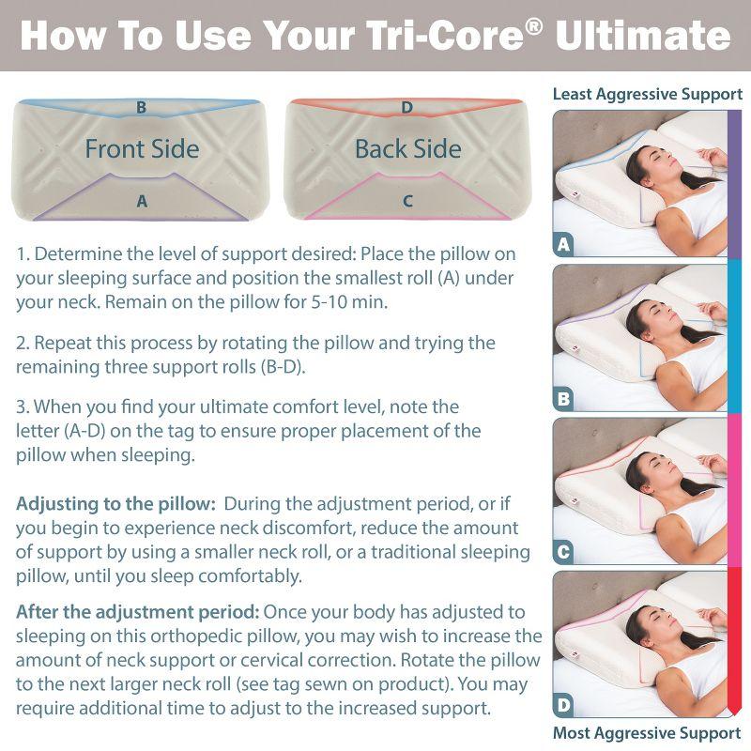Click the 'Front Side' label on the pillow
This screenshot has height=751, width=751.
pyautogui.click(x=142, y=148)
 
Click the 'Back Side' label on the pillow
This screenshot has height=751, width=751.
pyautogui.click(x=407, y=148)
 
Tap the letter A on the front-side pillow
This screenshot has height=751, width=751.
pyautogui.click(x=142, y=200)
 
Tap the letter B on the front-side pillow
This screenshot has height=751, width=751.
pyautogui.click(x=141, y=107)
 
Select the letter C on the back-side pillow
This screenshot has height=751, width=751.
pyautogui.click(x=407, y=200)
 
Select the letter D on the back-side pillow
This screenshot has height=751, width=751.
pyautogui.click(x=406, y=107)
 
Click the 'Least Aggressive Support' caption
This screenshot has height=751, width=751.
pyautogui.click(x=647, y=94)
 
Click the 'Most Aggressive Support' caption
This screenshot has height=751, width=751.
pyautogui.click(x=647, y=732)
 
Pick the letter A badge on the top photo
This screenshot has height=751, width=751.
pyautogui.click(x=563, y=246)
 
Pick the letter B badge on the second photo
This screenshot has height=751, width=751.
pyautogui.click(x=563, y=400)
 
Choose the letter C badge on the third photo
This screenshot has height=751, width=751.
pyautogui.click(x=563, y=554)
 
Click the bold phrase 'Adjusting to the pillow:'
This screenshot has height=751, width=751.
pyautogui.click(x=115, y=504)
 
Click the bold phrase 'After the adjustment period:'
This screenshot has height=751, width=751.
pyautogui.click(x=137, y=611)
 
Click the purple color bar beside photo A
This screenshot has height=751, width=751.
pyautogui.click(x=735, y=183)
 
